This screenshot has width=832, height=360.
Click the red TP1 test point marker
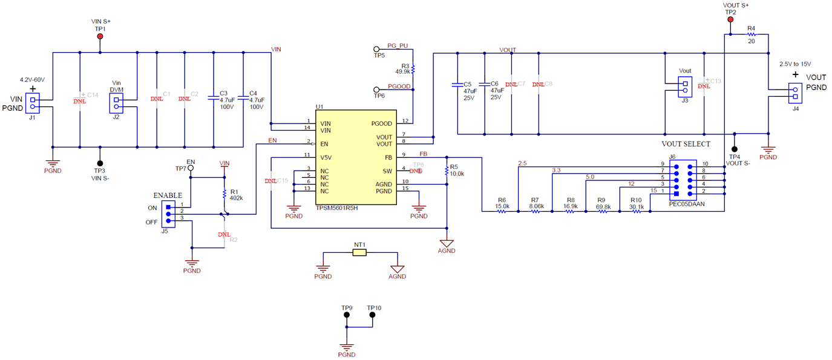click(x=100, y=37)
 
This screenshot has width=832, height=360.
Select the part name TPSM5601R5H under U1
click(x=337, y=208)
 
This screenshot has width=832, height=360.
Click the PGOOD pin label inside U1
click(x=382, y=123)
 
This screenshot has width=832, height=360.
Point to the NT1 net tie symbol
click(x=359, y=252)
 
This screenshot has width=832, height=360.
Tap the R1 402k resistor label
click(x=237, y=194)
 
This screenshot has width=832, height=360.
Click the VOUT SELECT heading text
click(x=686, y=144)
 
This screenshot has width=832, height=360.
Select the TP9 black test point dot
click(x=347, y=315)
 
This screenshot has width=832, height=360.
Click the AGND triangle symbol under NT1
click(x=397, y=268)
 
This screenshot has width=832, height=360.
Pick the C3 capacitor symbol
click(x=212, y=97)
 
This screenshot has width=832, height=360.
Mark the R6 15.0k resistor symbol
click(x=502, y=211)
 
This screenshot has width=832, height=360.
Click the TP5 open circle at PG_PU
click(x=376, y=49)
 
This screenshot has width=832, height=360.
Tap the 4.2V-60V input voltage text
click(x=33, y=80)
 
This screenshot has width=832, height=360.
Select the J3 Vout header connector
click(x=685, y=88)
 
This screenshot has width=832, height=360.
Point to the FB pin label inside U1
click(x=388, y=157)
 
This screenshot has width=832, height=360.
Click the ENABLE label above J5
click(x=168, y=195)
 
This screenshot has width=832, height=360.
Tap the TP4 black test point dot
click(x=734, y=149)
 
